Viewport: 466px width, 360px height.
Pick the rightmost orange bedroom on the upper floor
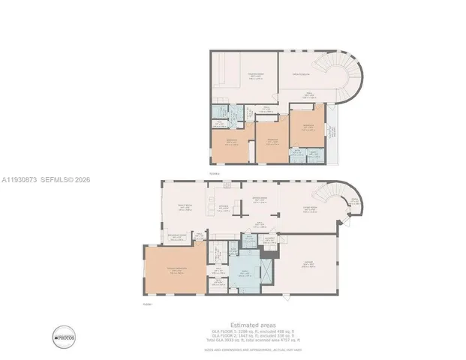306,127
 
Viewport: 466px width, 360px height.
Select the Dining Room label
260,201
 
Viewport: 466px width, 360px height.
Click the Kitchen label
224,208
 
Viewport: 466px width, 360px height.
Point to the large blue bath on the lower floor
246,274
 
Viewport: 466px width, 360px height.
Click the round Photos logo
64,337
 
